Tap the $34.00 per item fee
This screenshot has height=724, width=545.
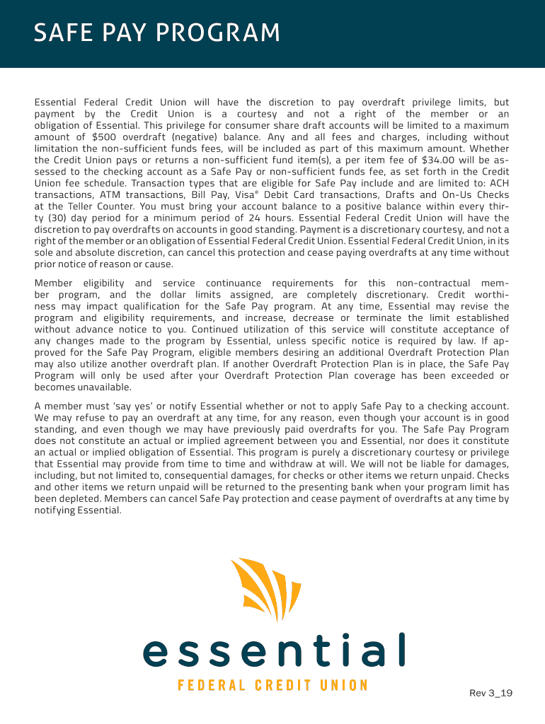point(437,160)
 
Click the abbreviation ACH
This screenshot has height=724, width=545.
point(495,183)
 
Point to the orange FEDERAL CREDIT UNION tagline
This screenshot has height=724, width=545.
point(272,686)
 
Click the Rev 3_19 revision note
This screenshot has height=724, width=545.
point(490,693)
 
